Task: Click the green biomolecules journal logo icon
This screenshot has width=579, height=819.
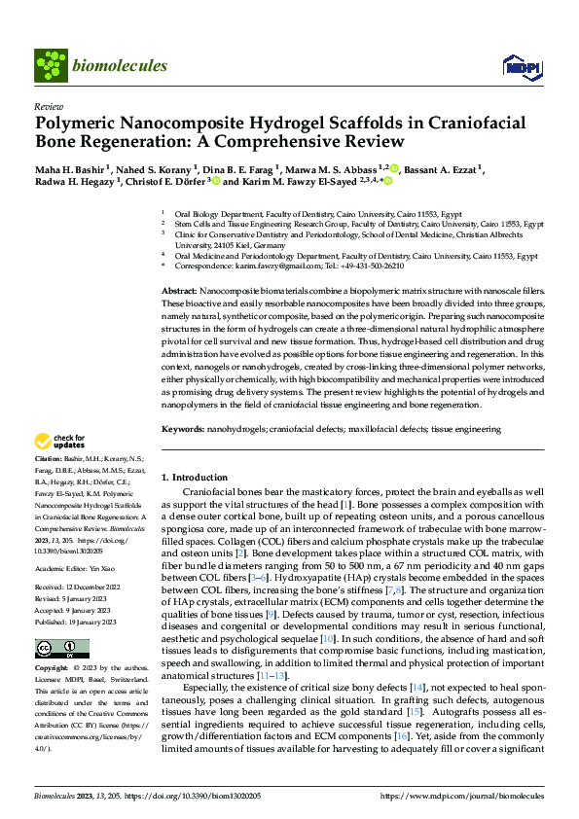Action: coord(51,65)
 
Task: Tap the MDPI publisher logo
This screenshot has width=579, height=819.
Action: coord(522,66)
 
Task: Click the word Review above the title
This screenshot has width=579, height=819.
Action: coord(48,106)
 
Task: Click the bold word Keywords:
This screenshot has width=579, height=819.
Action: coord(183,428)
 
